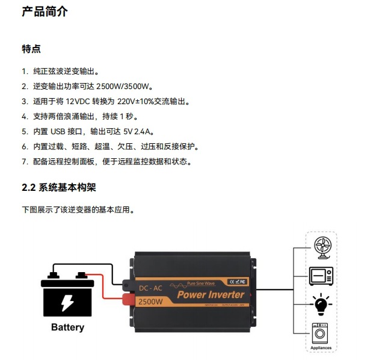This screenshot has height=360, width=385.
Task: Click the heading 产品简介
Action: [x=45, y=11]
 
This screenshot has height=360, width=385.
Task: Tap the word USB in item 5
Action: [x=57, y=131]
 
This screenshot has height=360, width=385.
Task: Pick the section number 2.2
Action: [x=29, y=188]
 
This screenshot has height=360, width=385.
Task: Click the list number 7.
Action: [x=25, y=161]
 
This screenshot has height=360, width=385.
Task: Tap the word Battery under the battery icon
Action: [x=67, y=327]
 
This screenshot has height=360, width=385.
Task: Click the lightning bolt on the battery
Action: [x=67, y=301]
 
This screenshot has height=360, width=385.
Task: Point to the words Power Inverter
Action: [x=210, y=294]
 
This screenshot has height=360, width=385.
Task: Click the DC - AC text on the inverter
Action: [x=150, y=288]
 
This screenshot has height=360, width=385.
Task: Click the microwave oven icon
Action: [x=321, y=276]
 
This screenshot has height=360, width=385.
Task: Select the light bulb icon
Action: [x=321, y=305]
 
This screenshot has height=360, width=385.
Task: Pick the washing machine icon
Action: [x=321, y=333]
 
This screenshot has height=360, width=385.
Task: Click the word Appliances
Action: [x=321, y=347]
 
